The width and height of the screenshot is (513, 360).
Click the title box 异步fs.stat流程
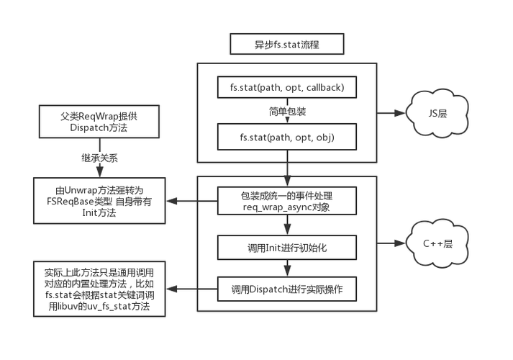[286, 45]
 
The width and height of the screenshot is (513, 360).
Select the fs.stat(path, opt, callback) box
[287, 88]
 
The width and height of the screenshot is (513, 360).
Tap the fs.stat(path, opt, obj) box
[287, 137]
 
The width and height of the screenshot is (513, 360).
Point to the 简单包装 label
[287, 112]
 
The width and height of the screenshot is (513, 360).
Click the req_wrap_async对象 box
[287, 201]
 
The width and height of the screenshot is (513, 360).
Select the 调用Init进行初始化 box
[287, 248]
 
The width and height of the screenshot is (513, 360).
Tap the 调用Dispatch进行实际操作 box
[287, 290]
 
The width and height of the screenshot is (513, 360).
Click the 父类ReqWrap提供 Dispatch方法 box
[99, 122]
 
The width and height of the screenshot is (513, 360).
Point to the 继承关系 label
[99, 158]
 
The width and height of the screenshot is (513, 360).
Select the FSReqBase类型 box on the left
[99, 201]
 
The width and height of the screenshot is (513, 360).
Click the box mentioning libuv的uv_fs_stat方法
[99, 290]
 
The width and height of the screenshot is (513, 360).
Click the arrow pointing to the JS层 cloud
[391, 113]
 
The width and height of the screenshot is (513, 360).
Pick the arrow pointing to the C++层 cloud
[391, 244]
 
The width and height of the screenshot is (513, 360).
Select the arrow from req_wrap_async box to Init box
[287, 225]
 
